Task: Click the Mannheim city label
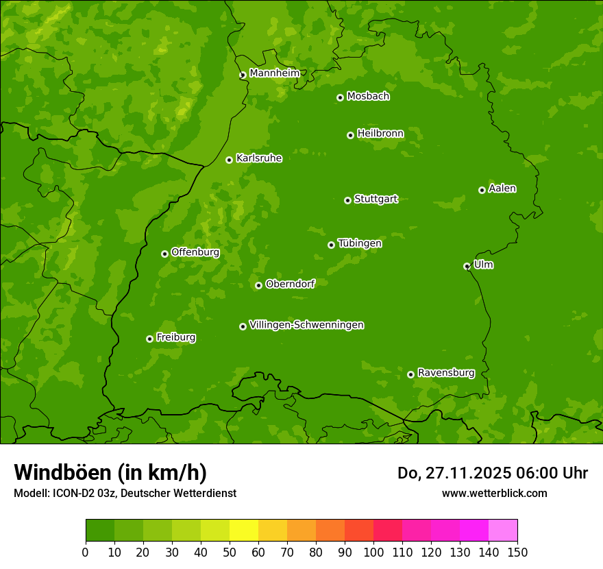point(274,73)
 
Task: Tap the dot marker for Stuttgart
point(347,200)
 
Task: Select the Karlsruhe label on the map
point(258,158)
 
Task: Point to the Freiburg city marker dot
point(149,339)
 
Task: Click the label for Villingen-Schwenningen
point(306,325)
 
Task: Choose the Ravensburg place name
point(445,373)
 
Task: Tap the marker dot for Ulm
point(467,266)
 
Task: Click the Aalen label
point(502,189)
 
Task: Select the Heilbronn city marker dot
point(350,135)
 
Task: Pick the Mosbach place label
point(367,97)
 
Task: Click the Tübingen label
point(359,243)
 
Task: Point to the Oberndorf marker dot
point(258,285)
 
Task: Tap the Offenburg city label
point(195,252)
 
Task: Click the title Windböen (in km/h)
point(110,472)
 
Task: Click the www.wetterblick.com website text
point(494,493)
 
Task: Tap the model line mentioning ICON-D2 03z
point(125,493)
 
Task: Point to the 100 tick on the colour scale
point(373,552)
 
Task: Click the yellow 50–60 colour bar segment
point(244,531)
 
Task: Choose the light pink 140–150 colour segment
point(503,531)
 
